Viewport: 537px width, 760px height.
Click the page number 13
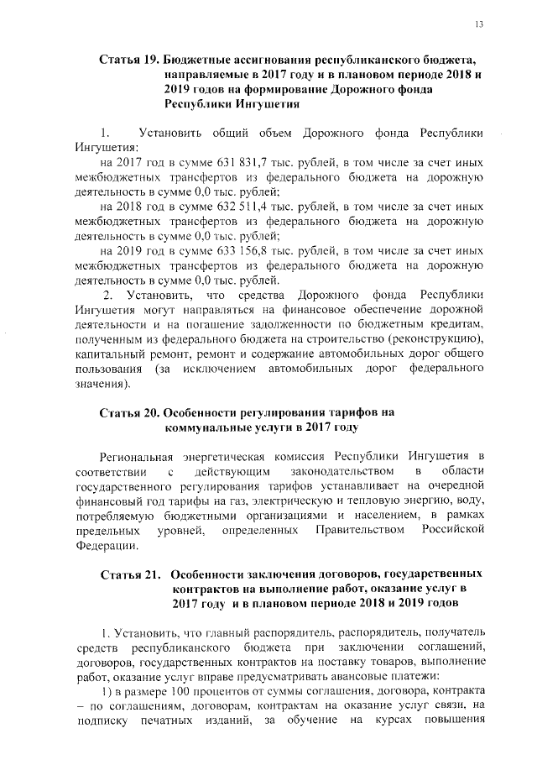tap(479, 24)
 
